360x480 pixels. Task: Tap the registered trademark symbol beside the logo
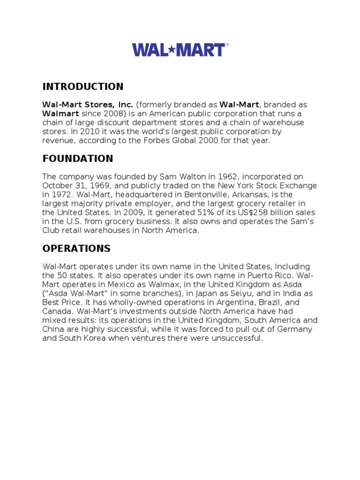pyautogui.click(x=227, y=45)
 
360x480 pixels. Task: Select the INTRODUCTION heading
pyautogui.click(x=83, y=87)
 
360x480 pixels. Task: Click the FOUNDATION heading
pyautogui.click(x=78, y=158)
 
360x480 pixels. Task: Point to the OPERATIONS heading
pyautogui.click(x=76, y=248)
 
